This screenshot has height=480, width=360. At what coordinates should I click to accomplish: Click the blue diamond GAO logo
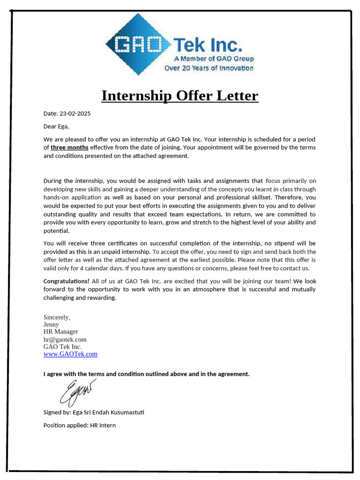[x=137, y=45]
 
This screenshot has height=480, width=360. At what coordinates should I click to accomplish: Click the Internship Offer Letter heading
[x=180, y=96]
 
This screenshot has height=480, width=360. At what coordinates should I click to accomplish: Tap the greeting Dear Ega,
[x=56, y=126]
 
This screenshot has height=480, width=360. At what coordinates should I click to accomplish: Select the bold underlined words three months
[x=69, y=148]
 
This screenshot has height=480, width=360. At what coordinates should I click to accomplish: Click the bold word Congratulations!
[x=67, y=281]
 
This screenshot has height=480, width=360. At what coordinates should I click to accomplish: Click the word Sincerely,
[x=57, y=317]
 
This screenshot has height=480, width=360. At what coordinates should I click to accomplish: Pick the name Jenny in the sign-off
[x=51, y=324]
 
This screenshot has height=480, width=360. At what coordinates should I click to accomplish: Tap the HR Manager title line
[x=61, y=331]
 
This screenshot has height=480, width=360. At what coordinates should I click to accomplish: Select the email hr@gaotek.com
[x=65, y=339]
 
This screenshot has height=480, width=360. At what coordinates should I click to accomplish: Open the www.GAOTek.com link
[x=70, y=354]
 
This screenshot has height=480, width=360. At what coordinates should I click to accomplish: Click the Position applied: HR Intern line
[x=80, y=425]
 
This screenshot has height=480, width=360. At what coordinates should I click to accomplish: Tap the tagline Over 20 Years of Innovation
[x=209, y=68]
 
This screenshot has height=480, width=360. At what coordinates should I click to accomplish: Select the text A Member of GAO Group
[x=214, y=59]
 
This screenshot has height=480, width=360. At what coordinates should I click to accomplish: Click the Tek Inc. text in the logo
[x=208, y=45]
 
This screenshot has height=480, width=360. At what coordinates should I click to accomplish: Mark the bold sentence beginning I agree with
[x=147, y=374]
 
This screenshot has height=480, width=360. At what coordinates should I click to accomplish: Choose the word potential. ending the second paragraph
[x=56, y=231]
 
